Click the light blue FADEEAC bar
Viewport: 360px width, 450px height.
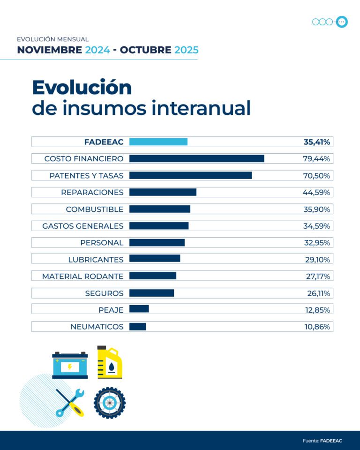(x=158, y=142)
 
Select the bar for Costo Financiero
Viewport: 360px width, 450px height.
(x=196, y=158)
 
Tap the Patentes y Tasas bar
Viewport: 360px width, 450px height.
(x=190, y=175)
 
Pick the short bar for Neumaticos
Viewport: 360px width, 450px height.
(x=137, y=327)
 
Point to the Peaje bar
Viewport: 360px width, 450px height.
(x=139, y=310)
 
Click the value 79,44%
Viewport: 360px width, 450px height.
(x=316, y=158)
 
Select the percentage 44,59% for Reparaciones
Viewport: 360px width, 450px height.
(x=316, y=192)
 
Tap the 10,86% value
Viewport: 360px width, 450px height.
(x=317, y=327)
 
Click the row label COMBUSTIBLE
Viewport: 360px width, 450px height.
(x=95, y=209)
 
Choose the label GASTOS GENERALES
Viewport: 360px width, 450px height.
(x=83, y=226)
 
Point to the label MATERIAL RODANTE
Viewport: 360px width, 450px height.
(x=83, y=277)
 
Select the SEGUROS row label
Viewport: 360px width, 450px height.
(x=104, y=293)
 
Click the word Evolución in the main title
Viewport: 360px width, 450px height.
(x=82, y=88)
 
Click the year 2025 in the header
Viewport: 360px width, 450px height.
(x=186, y=50)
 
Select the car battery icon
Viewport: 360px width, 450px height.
(x=70, y=365)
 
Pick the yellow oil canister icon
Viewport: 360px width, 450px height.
(x=109, y=362)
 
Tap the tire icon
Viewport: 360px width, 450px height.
(x=109, y=403)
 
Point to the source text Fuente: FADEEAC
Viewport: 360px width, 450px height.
(x=322, y=441)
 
